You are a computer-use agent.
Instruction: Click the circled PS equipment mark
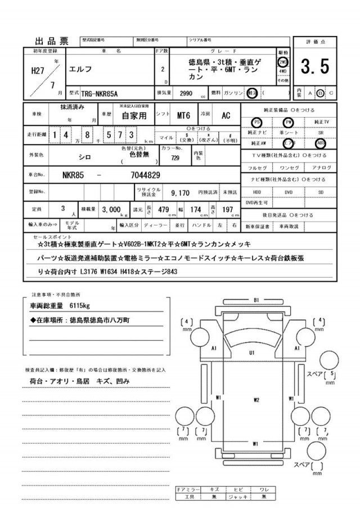(257, 121)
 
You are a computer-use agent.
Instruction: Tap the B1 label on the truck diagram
(256, 300)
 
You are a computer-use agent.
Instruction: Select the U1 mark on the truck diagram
(253, 352)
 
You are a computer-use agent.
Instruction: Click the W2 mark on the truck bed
(256, 400)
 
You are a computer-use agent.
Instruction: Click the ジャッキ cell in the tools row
(240, 497)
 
